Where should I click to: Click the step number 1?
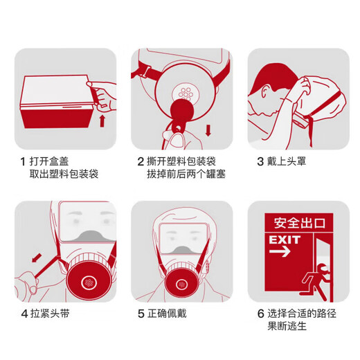coord(22,161)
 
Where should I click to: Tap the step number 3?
coord(260,161)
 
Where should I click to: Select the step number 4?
coord(22,314)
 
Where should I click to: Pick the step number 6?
coord(260,314)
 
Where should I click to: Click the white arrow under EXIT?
coord(279,253)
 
